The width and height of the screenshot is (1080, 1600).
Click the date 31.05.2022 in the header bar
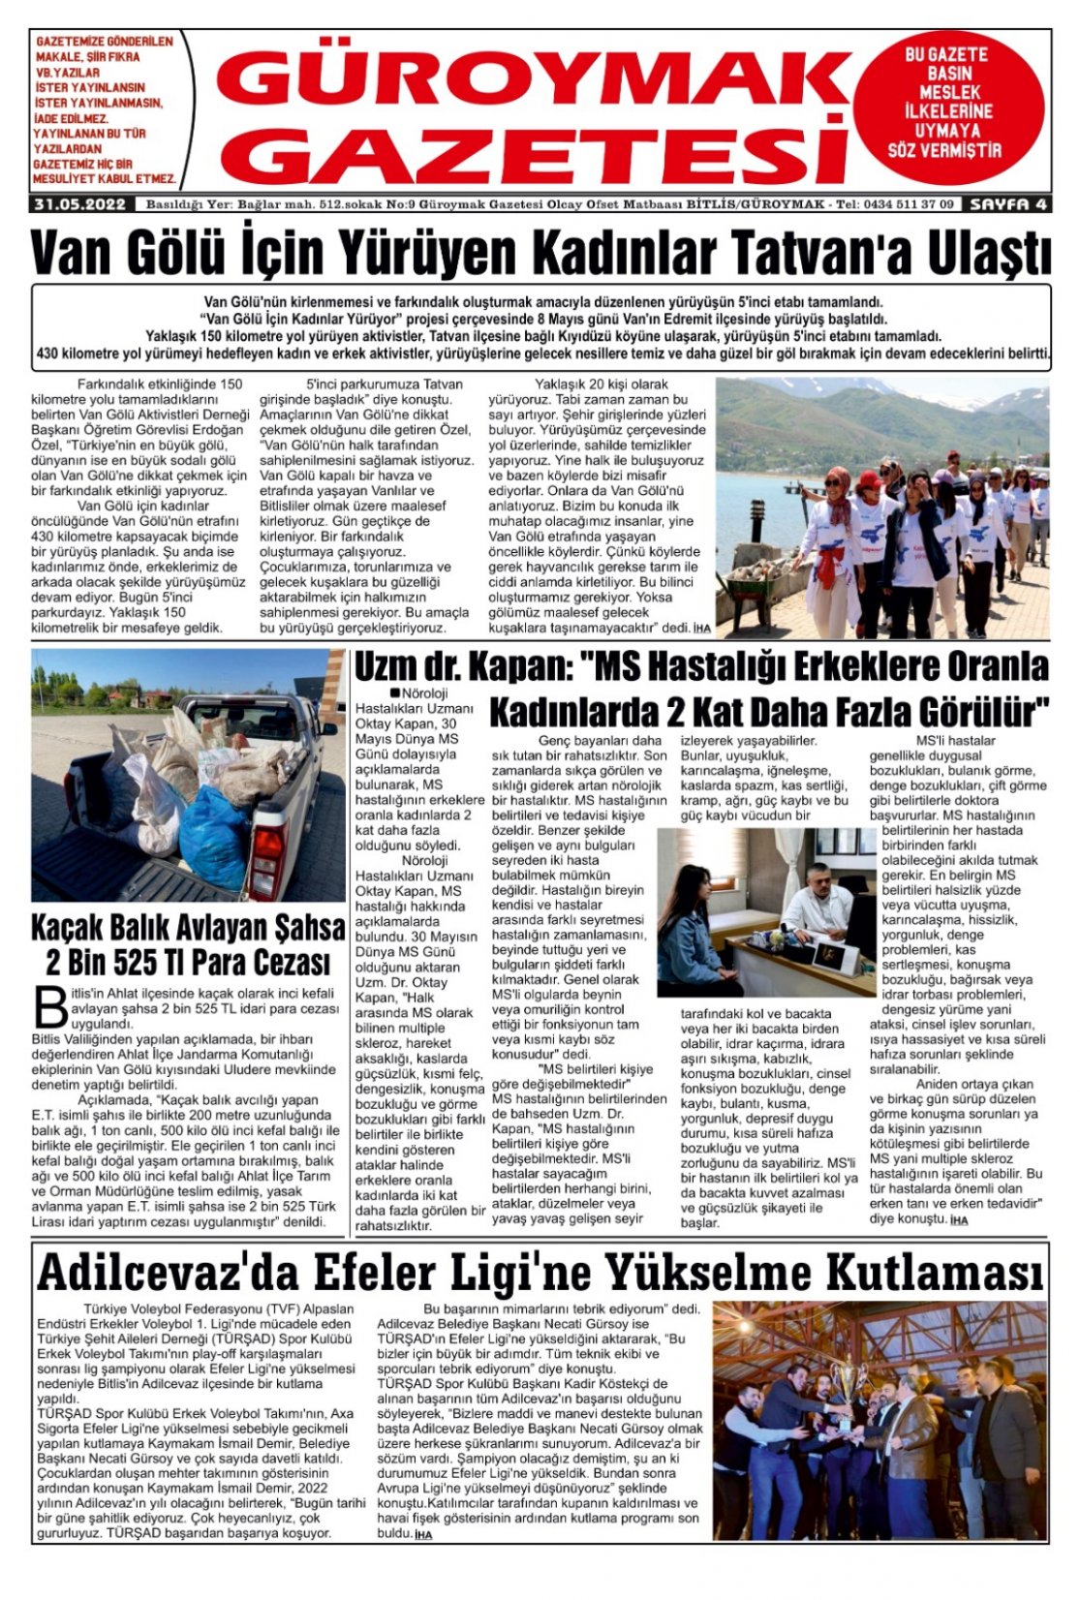click(80, 204)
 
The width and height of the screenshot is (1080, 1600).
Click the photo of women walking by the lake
click(881, 508)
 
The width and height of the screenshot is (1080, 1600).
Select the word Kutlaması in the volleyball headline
click(944, 1273)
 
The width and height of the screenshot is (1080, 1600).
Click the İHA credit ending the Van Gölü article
click(701, 629)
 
